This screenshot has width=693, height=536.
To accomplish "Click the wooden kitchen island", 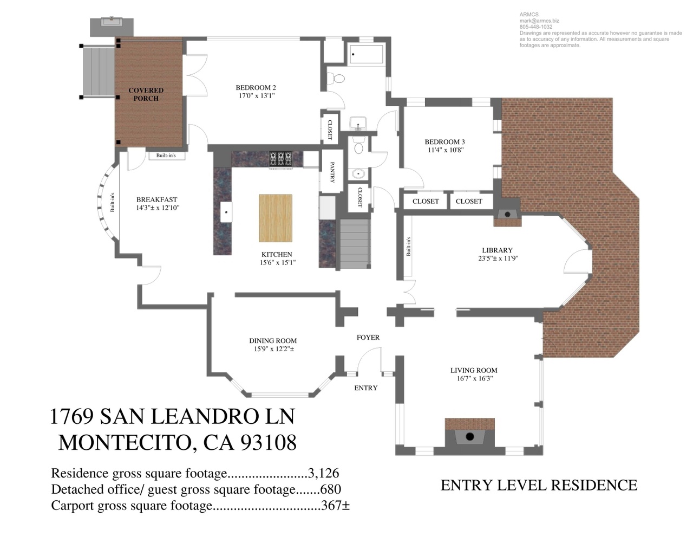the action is (276, 218).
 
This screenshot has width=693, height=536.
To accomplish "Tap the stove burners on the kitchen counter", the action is (280, 159).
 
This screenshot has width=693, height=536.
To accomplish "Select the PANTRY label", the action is (332, 172).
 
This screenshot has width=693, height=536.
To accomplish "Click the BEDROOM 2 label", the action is (256, 87).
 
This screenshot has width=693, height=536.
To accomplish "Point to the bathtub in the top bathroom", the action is (366, 54).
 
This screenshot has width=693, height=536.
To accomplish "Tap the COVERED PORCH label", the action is (146, 94).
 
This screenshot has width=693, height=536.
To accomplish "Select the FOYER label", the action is (368, 338).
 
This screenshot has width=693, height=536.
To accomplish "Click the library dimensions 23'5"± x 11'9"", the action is (498, 259).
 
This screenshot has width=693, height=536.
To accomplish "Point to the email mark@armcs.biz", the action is (539, 21).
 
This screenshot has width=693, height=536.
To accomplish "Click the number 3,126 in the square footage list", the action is (323, 473).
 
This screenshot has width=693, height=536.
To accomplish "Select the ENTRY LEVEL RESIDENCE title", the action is (539, 486).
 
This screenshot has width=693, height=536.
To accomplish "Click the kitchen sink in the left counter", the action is (226, 212).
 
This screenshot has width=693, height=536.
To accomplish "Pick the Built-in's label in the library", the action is (409, 247).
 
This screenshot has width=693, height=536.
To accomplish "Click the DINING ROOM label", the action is (273, 341).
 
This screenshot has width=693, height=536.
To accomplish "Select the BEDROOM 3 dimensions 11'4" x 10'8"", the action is (446, 150).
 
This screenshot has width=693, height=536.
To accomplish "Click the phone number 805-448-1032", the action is (536, 27).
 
